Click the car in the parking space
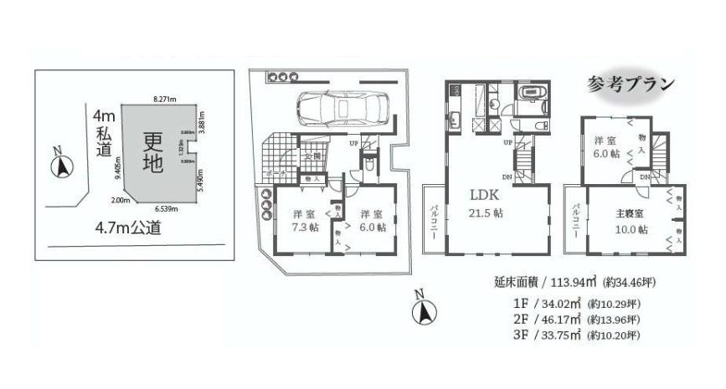pyautogui.click(x=338, y=108)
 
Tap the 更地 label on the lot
pyautogui.click(x=152, y=151)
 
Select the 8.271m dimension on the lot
pyautogui.click(x=164, y=100)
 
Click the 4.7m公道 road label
pyautogui.click(x=128, y=228)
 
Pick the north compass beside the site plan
pyautogui.click(x=60, y=165)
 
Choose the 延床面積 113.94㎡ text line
pyautogui.click(x=566, y=284)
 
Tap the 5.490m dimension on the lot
pyautogui.click(x=201, y=178)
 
